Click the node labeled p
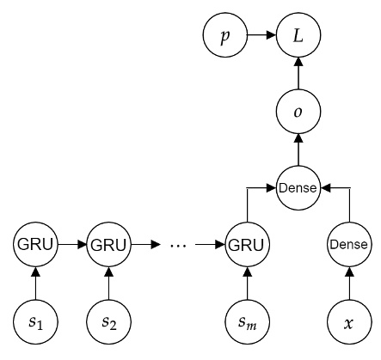[224, 36]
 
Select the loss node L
[298, 36]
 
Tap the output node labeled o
[298, 112]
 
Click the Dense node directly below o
[298, 186]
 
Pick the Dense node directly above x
[348, 245]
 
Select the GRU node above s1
[35, 245]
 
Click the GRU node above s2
[108, 245]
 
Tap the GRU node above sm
[247, 245]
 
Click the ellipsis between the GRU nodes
[178, 246]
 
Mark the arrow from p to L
[261, 36]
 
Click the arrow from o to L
[298, 74]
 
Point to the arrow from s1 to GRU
[35, 284]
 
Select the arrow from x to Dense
[348, 284]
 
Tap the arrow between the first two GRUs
[72, 245]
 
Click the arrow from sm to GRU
[247, 284]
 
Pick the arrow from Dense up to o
[298, 149]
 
